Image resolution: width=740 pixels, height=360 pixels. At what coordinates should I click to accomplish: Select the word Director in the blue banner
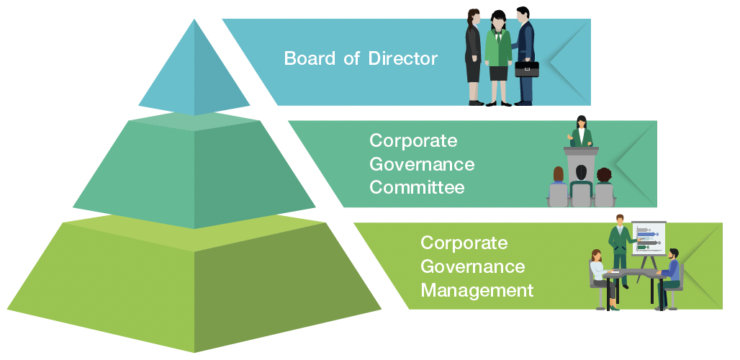[402, 58]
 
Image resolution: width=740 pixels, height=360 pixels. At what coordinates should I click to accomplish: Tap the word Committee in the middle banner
[416, 188]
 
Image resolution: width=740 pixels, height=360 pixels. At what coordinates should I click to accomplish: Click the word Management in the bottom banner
[477, 291]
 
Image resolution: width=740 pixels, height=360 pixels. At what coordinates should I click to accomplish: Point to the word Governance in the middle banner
[422, 164]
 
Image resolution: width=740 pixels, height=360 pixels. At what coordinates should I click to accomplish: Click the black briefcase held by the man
[526, 69]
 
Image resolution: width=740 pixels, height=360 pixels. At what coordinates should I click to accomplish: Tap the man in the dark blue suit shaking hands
[525, 50]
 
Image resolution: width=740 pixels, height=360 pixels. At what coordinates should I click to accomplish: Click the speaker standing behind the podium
[581, 133]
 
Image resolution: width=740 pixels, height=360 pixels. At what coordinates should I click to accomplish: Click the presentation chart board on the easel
[648, 238]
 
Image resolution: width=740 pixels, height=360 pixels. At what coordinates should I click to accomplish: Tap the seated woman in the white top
[599, 274]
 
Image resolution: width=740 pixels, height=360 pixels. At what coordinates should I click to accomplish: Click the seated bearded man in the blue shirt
[671, 272]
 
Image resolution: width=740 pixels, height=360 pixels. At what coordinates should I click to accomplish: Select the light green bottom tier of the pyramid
[194, 288]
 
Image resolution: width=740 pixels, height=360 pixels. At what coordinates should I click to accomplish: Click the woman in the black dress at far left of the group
[473, 54]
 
